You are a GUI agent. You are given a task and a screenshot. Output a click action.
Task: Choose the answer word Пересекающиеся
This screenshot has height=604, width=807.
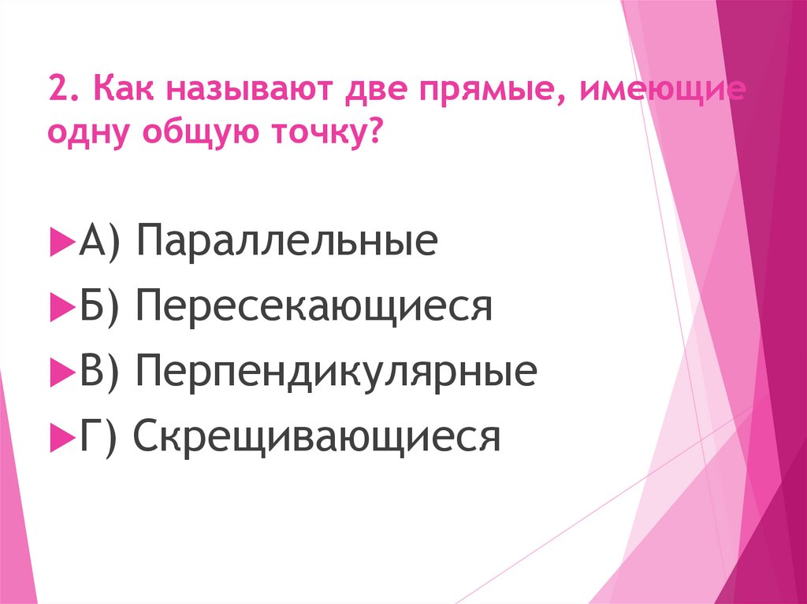click(314, 307)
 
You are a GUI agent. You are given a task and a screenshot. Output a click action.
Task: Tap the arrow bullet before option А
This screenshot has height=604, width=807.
click(59, 242)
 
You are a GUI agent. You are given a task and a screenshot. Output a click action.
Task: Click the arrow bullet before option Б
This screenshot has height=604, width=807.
click(59, 307)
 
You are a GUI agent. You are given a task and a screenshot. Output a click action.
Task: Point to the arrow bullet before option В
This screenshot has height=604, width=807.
click(59, 372)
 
